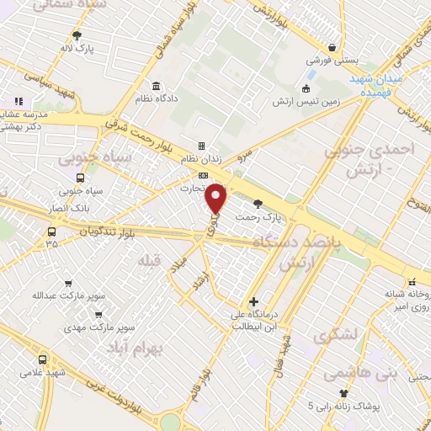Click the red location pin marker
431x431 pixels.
tap(217, 199)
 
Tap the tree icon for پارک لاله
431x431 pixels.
tap(77, 35)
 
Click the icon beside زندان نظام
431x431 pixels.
tap(201, 146)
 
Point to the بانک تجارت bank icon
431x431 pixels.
tap(202, 174)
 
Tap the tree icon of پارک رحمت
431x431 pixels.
tap(258, 203)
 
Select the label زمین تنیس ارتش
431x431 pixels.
tap(306, 101)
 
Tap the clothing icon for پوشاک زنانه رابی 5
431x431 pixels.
tap(343, 393)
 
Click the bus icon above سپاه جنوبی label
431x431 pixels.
tap(81, 178)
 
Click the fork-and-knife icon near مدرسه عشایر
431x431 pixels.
tap(19, 101)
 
